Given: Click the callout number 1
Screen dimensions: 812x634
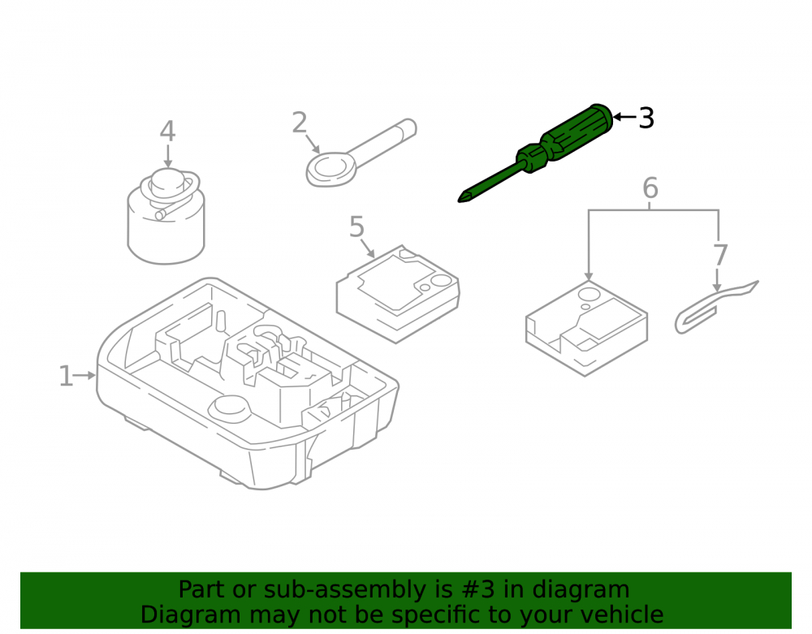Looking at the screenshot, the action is (x=66, y=376).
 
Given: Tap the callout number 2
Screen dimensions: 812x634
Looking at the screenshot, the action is (x=300, y=123).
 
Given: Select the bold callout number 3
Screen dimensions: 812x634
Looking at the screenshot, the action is (x=646, y=118).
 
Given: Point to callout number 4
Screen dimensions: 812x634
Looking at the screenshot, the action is (x=167, y=132).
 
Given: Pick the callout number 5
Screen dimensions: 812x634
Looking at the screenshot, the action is (x=356, y=226).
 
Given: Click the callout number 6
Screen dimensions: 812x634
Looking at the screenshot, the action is (x=650, y=188).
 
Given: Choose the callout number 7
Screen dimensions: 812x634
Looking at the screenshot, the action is (x=720, y=255).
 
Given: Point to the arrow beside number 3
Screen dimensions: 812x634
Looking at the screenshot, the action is (x=625, y=117).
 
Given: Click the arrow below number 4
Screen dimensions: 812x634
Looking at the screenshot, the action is (x=168, y=156).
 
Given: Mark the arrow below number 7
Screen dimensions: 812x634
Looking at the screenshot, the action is (x=717, y=280).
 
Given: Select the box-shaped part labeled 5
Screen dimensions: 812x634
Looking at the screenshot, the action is (x=398, y=294).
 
